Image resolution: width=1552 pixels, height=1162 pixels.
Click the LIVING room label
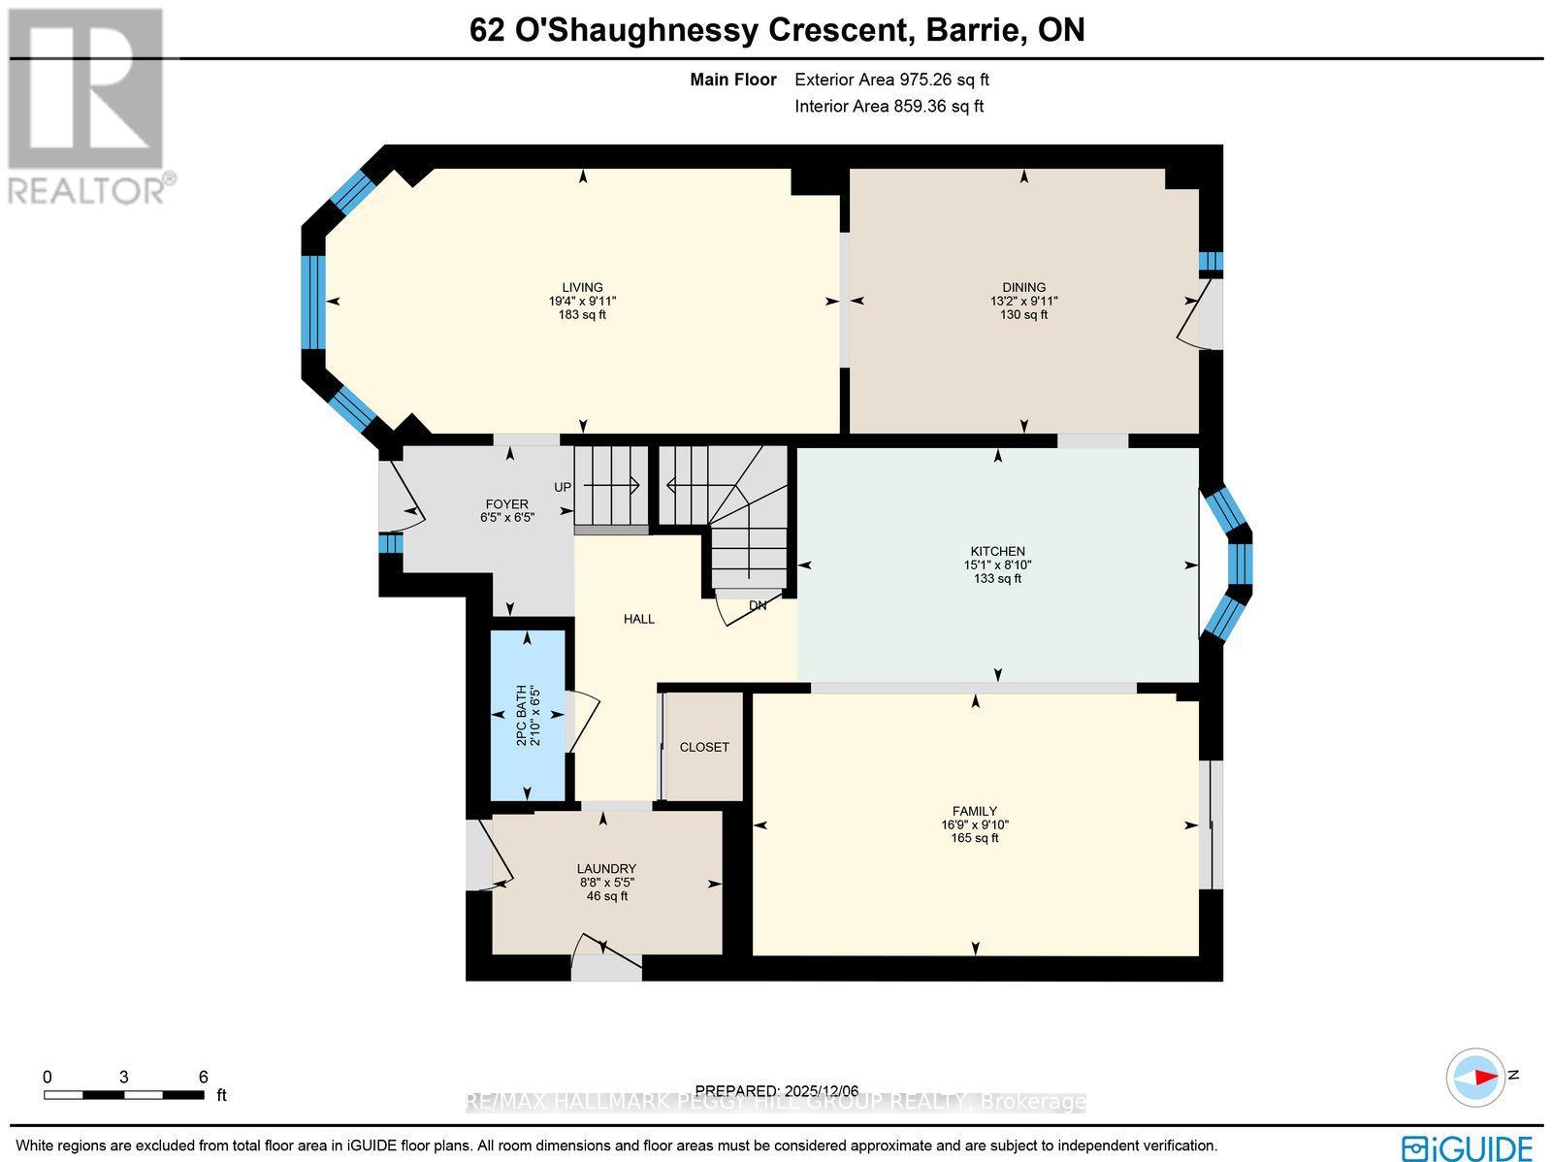click(x=582, y=287)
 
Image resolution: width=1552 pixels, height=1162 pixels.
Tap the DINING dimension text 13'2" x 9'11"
click(x=1023, y=301)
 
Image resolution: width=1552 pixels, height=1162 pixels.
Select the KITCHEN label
click(x=997, y=551)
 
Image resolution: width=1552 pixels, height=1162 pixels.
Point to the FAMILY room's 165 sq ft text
click(x=974, y=838)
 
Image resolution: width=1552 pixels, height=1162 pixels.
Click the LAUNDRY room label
click(x=606, y=869)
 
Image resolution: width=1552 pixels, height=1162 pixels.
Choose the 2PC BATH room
click(x=528, y=715)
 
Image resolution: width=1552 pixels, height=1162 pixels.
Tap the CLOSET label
click(x=704, y=748)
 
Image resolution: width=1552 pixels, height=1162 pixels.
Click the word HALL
click(x=638, y=619)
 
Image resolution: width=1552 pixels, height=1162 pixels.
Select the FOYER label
click(x=506, y=504)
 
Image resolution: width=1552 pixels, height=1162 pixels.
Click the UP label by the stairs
click(x=563, y=487)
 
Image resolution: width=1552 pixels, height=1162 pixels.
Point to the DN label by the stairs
click(x=758, y=605)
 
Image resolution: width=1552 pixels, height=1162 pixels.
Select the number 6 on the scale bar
click(x=203, y=1077)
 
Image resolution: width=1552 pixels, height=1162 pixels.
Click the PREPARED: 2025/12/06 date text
click(x=777, y=1090)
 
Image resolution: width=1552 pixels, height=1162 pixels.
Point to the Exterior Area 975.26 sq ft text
click(x=891, y=81)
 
